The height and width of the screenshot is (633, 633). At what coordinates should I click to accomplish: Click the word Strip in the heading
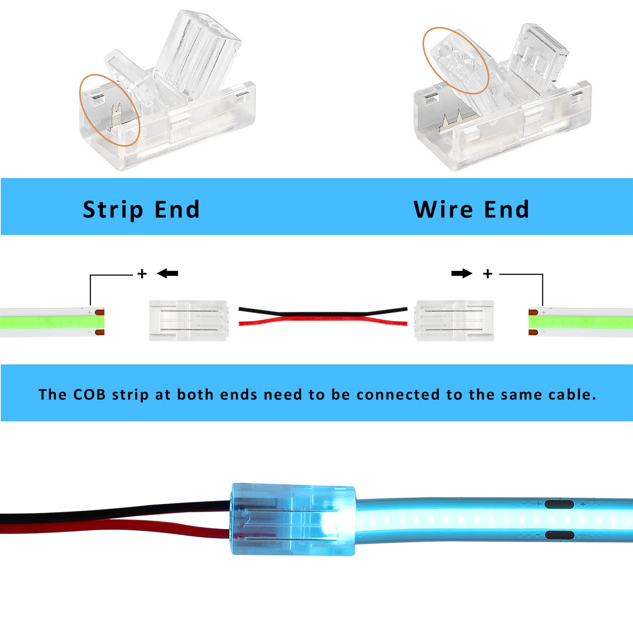coord(113,210)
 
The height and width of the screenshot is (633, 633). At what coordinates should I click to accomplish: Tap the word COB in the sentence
coord(89,394)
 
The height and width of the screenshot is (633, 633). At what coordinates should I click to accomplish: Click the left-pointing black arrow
coord(168,273)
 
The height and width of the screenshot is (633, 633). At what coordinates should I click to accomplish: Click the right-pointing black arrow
coord(462,273)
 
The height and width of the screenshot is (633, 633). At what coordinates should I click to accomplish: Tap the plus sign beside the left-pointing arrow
coord(142,274)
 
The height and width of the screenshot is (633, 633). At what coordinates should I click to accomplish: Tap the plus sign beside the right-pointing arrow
coord(488,274)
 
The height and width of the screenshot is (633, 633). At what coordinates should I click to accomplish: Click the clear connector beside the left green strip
coord(188,320)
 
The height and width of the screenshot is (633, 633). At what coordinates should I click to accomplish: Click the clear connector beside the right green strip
coord(455,320)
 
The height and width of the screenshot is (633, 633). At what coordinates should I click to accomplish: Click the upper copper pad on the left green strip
coord(100,313)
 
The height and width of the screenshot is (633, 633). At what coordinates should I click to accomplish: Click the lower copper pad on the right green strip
coord(533,332)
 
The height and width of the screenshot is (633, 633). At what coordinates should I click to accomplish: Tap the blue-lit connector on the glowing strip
coord(293,518)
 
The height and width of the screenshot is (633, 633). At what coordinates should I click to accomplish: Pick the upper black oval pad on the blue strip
coord(559,504)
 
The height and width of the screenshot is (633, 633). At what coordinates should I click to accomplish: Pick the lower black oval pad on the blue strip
coord(559,535)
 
